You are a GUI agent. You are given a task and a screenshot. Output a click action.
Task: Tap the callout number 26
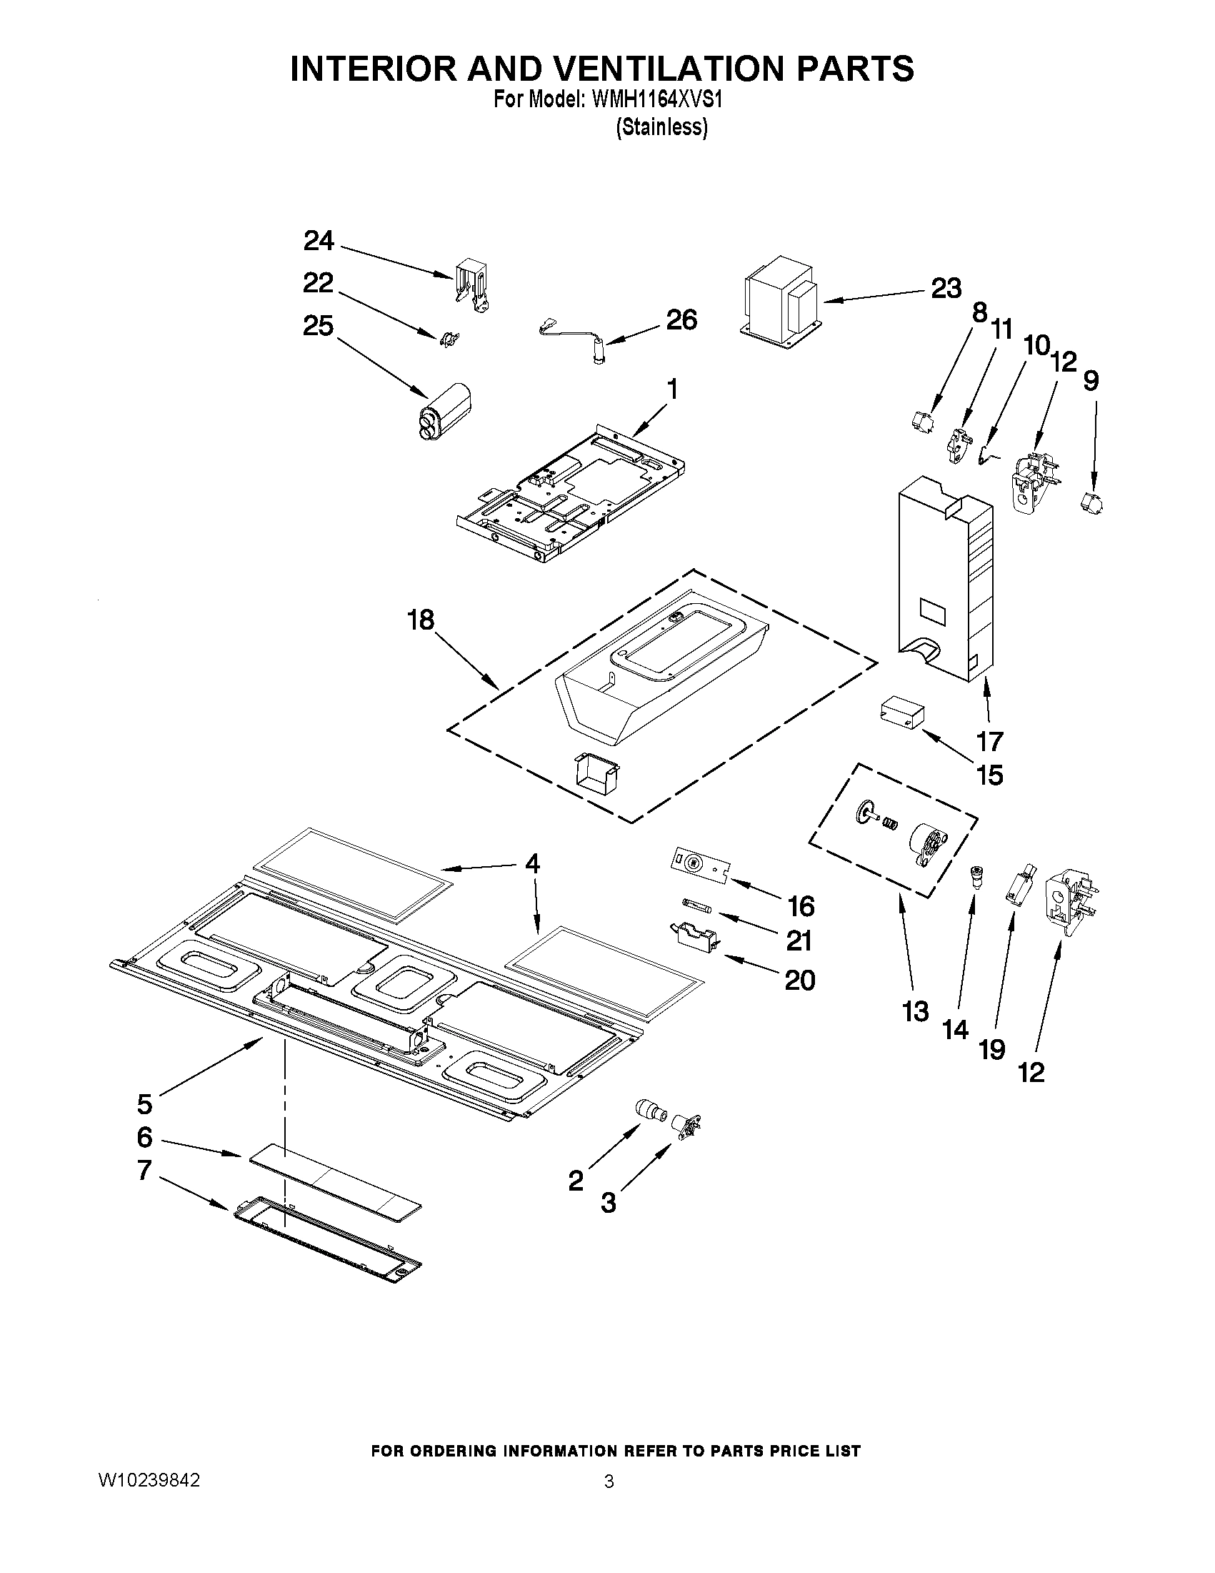tap(681, 319)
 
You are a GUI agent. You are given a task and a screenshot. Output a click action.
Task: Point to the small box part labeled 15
tap(900, 712)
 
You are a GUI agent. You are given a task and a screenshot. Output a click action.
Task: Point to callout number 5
tap(145, 1103)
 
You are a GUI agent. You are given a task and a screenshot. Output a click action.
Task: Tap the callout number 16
tap(801, 906)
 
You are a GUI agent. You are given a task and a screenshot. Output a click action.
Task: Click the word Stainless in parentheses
tap(661, 127)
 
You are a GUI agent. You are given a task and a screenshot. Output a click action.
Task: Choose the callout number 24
tap(318, 241)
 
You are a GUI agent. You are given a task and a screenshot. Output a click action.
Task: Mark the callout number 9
tap(1091, 380)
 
